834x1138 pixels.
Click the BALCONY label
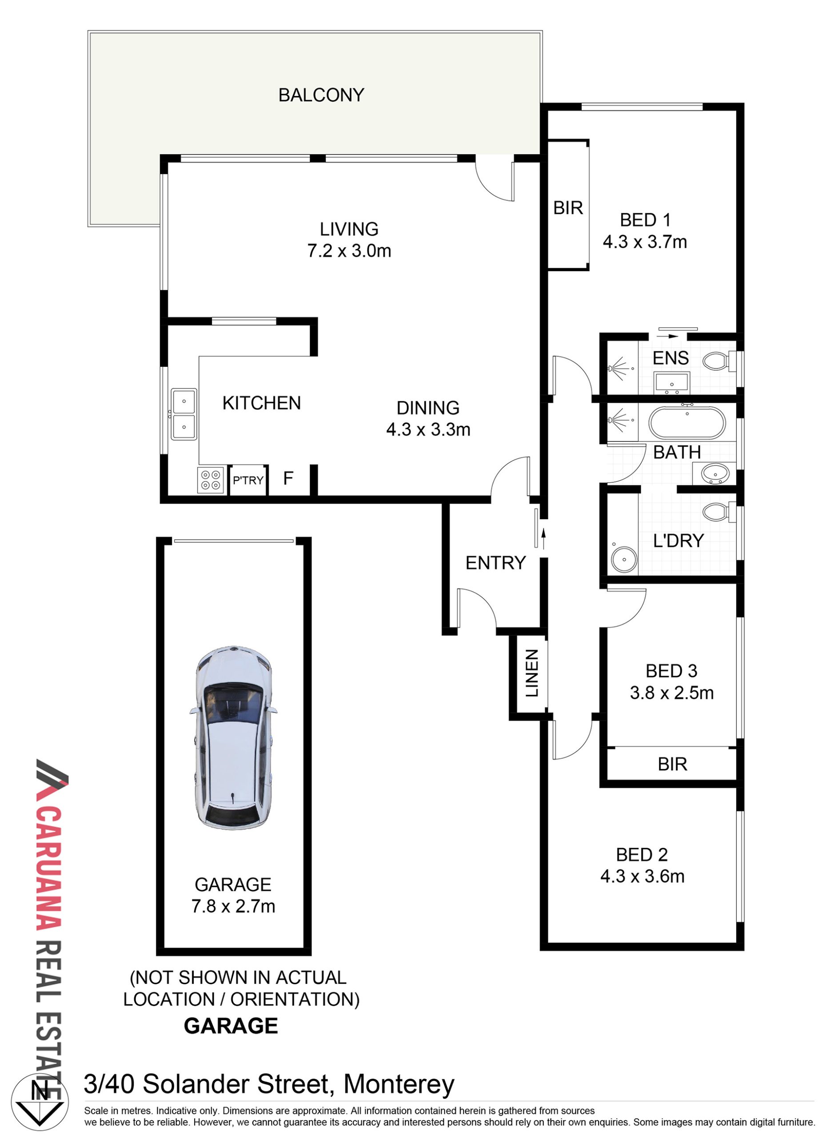tap(321, 95)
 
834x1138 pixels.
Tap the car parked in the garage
tap(233, 738)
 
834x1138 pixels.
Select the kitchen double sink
tap(184, 414)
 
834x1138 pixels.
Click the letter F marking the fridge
tap(288, 478)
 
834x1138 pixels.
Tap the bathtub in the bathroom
tap(687, 423)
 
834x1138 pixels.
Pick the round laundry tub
tap(624, 560)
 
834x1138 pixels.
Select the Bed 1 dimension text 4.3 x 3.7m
tap(645, 242)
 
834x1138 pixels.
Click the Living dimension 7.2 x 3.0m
tap(349, 251)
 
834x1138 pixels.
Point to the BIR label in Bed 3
tap(672, 764)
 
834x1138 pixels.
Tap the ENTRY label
tap(495, 563)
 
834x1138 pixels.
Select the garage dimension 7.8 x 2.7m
tap(233, 906)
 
